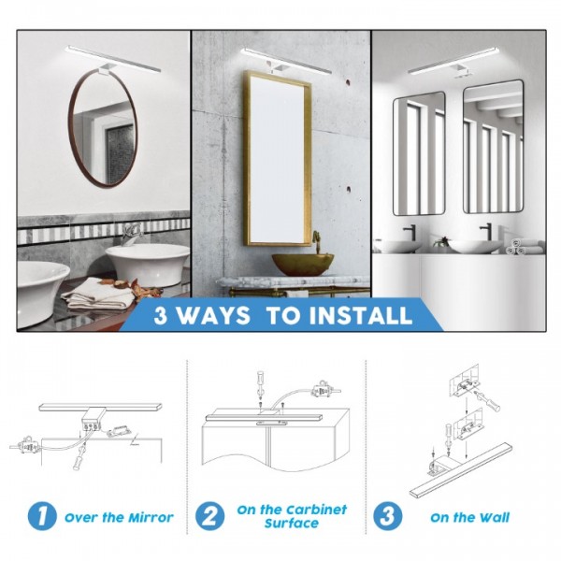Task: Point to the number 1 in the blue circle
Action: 40,516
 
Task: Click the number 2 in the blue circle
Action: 209,516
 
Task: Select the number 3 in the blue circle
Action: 386,516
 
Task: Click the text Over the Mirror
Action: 119,517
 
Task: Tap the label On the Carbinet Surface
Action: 291,516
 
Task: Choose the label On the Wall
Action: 469,517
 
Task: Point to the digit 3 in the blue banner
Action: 163,315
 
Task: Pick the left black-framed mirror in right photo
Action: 418,152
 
